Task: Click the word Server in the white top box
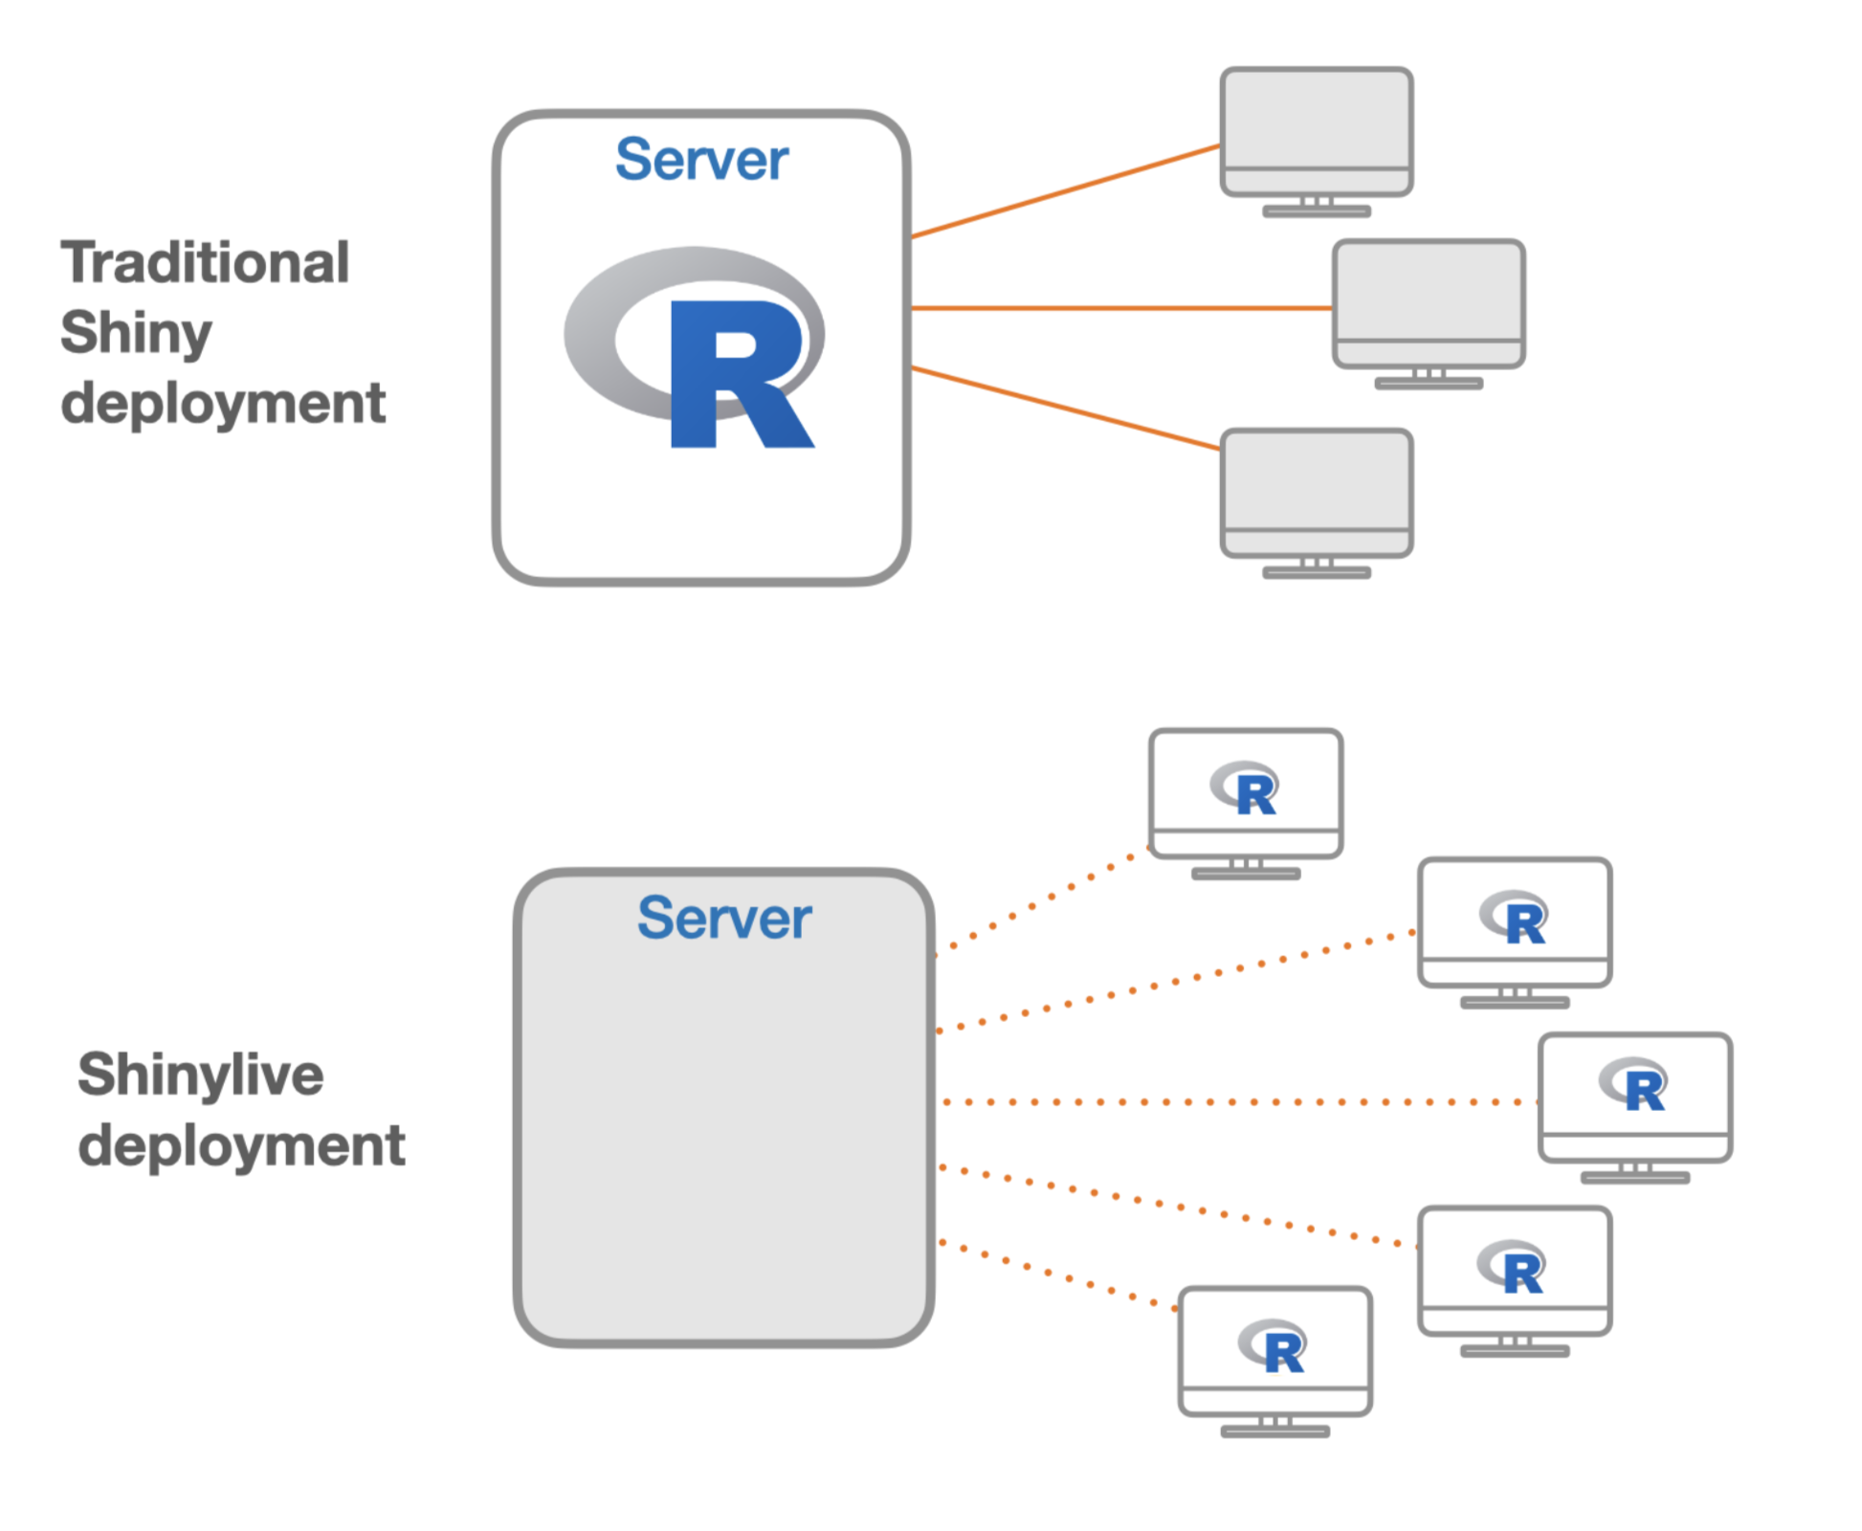tap(701, 160)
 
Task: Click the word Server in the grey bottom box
tap(724, 919)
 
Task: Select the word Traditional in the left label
tap(205, 263)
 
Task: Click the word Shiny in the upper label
tap(136, 333)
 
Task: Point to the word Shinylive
tap(200, 1075)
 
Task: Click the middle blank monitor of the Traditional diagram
tap(1428, 293)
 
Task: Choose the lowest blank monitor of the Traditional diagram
tap(1316, 481)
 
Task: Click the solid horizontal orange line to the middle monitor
tap(1119, 308)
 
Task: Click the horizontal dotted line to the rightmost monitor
tap(1234, 1102)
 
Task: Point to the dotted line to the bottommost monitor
tap(1057, 1276)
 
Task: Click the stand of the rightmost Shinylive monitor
tap(1634, 1173)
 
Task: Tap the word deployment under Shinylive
tap(241, 1146)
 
